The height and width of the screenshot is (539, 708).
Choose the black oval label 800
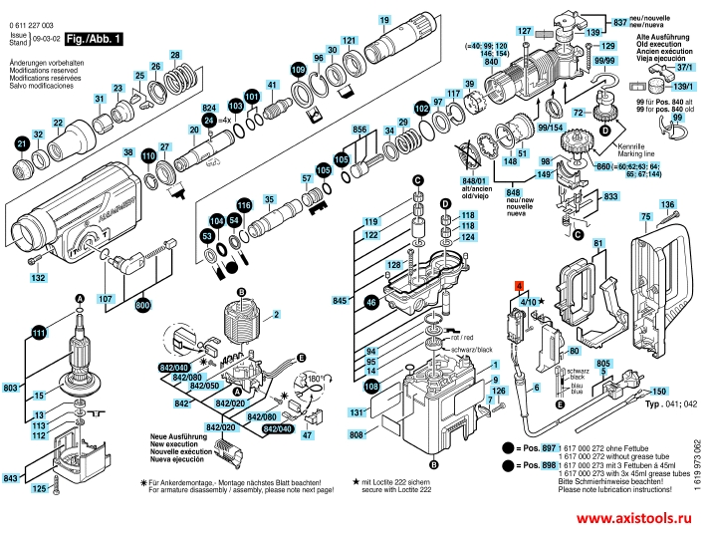(x=141, y=306)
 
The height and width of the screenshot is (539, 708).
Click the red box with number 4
(x=519, y=286)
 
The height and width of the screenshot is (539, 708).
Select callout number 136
(x=668, y=205)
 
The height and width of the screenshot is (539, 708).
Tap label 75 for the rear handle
(x=645, y=216)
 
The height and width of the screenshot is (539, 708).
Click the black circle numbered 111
(x=39, y=334)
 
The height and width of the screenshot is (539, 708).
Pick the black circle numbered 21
(x=20, y=144)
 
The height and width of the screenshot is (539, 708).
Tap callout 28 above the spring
(x=175, y=55)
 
